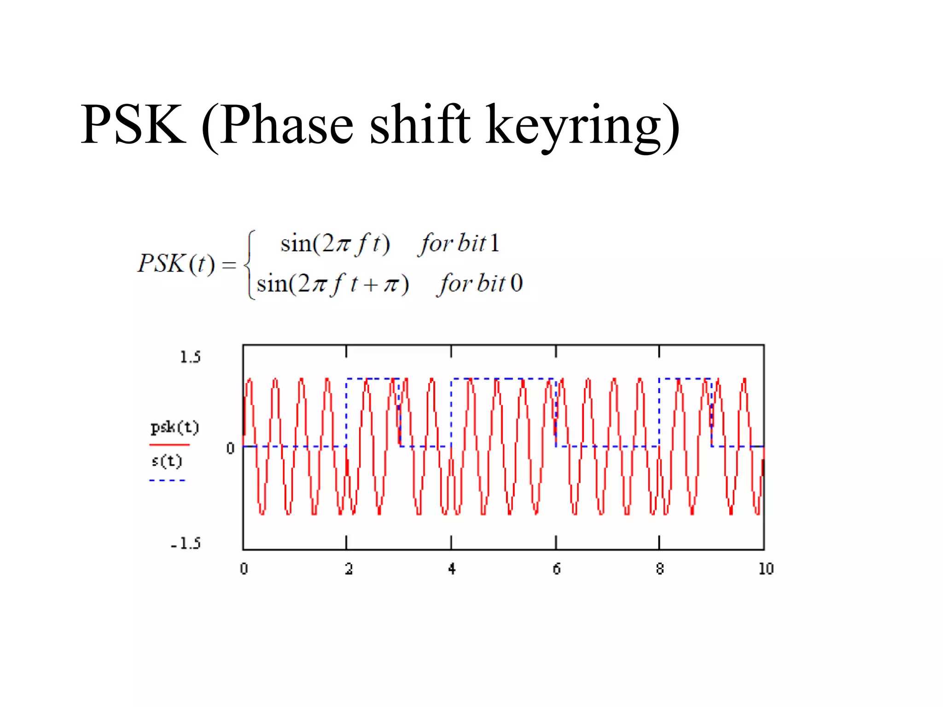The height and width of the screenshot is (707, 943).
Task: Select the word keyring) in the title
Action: pos(582,127)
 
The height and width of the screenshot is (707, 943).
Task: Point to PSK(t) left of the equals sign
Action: pos(176,264)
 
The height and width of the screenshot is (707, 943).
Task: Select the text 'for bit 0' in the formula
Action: pos(480,284)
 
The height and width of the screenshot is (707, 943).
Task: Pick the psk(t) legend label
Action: pos(175,428)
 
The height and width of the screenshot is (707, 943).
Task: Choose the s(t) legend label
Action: pos(167,461)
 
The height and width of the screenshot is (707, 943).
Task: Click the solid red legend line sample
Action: pos(169,445)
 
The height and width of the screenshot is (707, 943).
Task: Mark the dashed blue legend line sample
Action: pos(167,480)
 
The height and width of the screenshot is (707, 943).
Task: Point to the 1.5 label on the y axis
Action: pos(190,357)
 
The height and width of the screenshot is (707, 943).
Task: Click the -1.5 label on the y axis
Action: pos(186,544)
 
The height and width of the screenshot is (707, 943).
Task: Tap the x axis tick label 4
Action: pos(452,569)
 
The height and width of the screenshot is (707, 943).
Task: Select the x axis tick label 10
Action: pos(766,569)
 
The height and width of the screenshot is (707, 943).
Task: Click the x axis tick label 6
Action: pos(557,569)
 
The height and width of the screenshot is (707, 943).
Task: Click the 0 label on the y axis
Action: pos(230,448)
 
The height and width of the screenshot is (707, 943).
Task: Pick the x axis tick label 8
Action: pos(660,569)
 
